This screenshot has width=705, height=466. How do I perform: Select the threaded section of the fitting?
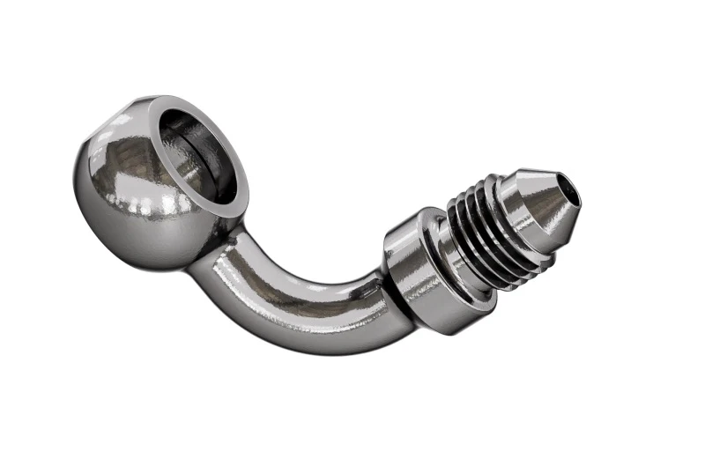point(480,233)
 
